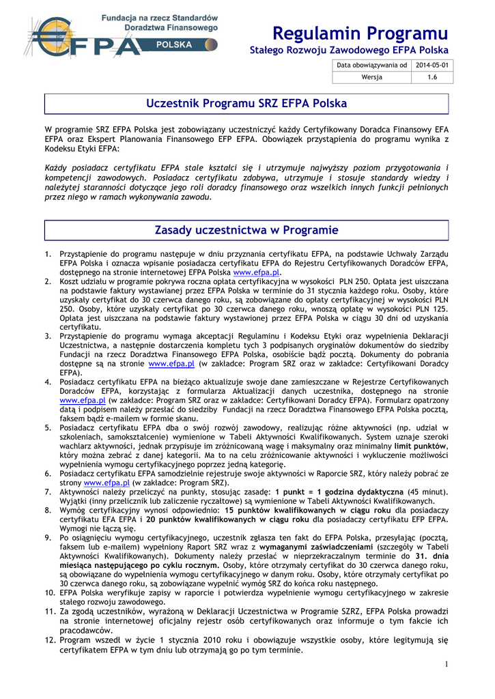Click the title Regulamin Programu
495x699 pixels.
[359, 33]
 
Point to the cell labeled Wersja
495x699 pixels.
[372, 77]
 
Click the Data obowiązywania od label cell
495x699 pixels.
[372, 65]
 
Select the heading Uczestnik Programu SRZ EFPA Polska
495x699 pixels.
[247, 104]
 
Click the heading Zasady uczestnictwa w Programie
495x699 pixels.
[247, 229]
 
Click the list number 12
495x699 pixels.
[49, 640]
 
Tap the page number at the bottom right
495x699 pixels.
[445, 664]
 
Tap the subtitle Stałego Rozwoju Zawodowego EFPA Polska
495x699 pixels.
[349, 51]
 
